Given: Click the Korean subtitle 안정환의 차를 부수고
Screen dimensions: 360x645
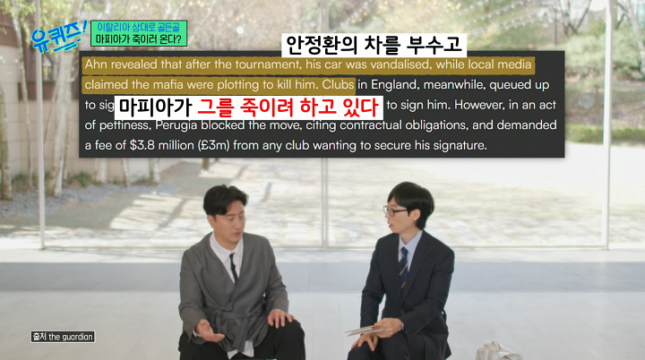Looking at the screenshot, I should tap(376, 44).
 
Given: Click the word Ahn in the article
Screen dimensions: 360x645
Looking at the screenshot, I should tap(96, 65).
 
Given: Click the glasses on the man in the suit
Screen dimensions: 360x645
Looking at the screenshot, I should tap(395, 212).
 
